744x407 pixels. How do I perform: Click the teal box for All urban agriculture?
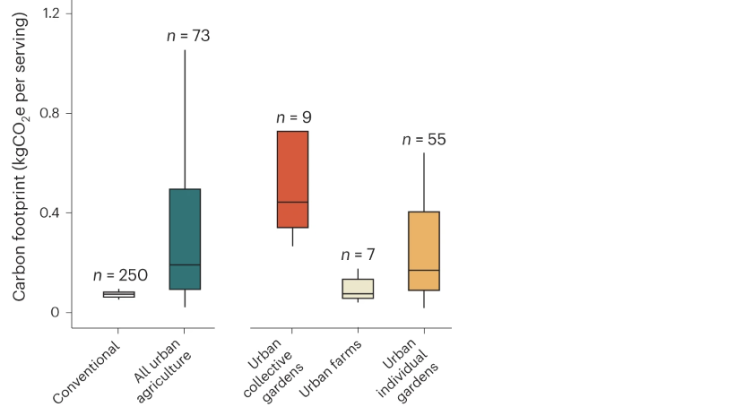pos(185,238)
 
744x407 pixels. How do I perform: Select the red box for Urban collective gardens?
pos(292,179)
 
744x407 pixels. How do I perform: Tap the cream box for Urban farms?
pos(358,288)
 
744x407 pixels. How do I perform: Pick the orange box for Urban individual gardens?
pos(423,251)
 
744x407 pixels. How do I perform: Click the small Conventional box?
pos(118,294)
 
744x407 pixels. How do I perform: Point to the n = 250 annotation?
pos(120,275)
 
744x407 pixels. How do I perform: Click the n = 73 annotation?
pos(188,36)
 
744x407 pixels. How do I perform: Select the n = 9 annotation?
pos(294,117)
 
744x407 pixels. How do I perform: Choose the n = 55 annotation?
pos(424,139)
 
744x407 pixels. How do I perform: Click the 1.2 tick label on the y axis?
pos(51,13)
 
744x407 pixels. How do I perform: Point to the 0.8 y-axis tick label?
pos(51,113)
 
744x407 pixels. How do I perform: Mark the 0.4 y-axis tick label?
pos(51,212)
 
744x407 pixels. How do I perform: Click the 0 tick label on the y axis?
pos(56,312)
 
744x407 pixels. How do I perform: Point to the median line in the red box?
pos(292,202)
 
